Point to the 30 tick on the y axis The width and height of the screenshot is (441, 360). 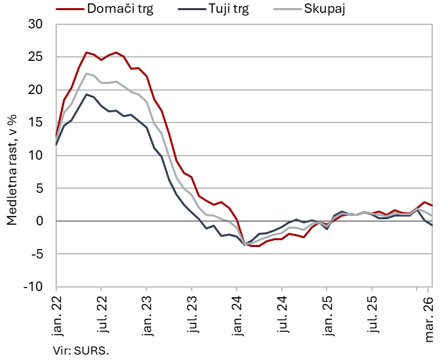coord(35,24)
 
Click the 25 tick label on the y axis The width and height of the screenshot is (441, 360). coord(35,57)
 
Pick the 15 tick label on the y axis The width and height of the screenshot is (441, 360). coord(35,122)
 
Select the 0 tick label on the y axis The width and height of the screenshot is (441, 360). coord(39,221)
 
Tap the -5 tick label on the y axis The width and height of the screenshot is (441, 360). coord(37,254)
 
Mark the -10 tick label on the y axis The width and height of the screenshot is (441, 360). coord(33,287)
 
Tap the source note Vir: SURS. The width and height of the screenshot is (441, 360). coord(81,351)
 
